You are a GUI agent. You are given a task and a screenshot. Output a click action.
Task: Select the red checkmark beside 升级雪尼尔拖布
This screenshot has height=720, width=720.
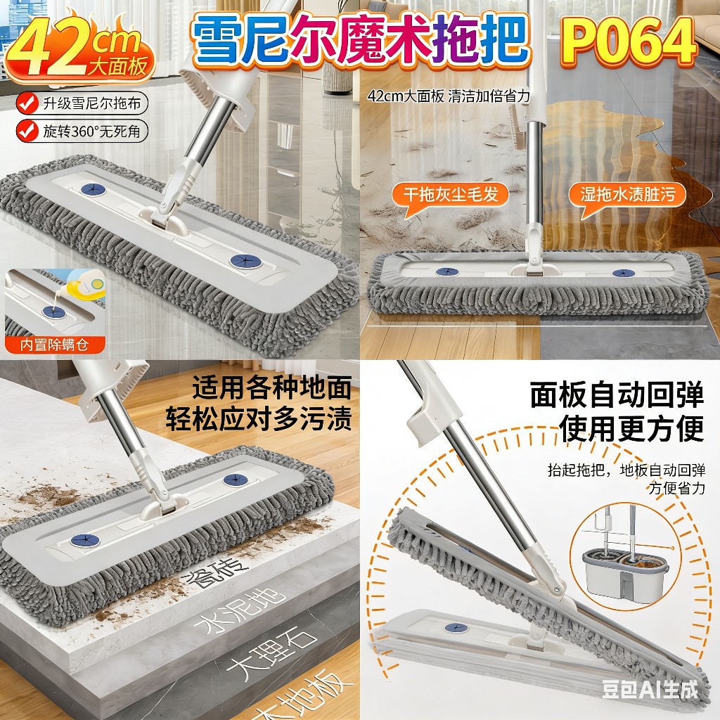pyautogui.click(x=27, y=103)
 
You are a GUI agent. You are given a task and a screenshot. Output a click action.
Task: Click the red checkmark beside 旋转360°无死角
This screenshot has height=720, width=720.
pyautogui.click(x=27, y=131)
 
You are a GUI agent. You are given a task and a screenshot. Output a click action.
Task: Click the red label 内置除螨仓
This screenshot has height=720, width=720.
pyautogui.click(x=55, y=345)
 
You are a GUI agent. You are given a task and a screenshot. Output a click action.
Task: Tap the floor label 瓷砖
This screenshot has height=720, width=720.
pyautogui.click(x=214, y=572)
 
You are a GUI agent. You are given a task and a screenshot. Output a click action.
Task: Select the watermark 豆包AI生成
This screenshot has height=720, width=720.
pyautogui.click(x=650, y=690)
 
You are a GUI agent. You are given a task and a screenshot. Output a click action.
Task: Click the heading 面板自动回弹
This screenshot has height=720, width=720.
pyautogui.click(x=617, y=394)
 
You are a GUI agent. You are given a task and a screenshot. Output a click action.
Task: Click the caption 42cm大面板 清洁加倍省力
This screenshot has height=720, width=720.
pyautogui.click(x=449, y=96)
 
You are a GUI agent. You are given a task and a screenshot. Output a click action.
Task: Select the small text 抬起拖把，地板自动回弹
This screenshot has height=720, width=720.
pyautogui.click(x=626, y=470)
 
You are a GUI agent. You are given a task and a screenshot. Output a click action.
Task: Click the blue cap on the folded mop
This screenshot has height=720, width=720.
pyautogui.click(x=456, y=628)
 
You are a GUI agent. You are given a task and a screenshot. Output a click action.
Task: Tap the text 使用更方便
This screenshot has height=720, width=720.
pyautogui.click(x=631, y=428)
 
